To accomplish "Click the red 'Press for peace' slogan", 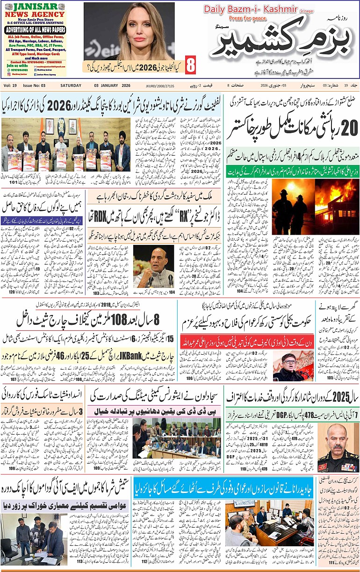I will [x=246, y=19].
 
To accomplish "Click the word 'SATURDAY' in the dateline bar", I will [x=71, y=86].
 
